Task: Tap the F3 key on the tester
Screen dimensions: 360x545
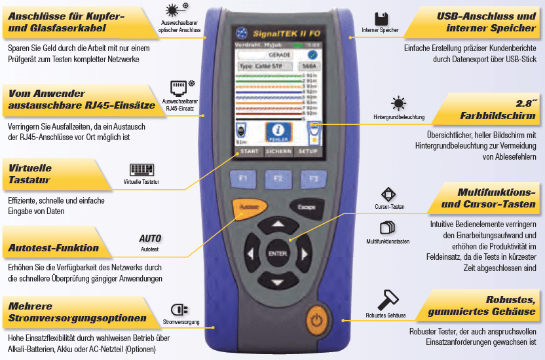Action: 313,178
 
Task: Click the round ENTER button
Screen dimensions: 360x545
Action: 277,253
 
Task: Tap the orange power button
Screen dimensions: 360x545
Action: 317,321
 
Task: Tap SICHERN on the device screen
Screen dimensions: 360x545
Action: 278,151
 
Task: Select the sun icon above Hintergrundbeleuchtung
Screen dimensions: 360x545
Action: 398,103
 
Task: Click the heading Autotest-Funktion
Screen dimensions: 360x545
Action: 54,248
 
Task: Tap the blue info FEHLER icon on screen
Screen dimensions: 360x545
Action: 277,132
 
